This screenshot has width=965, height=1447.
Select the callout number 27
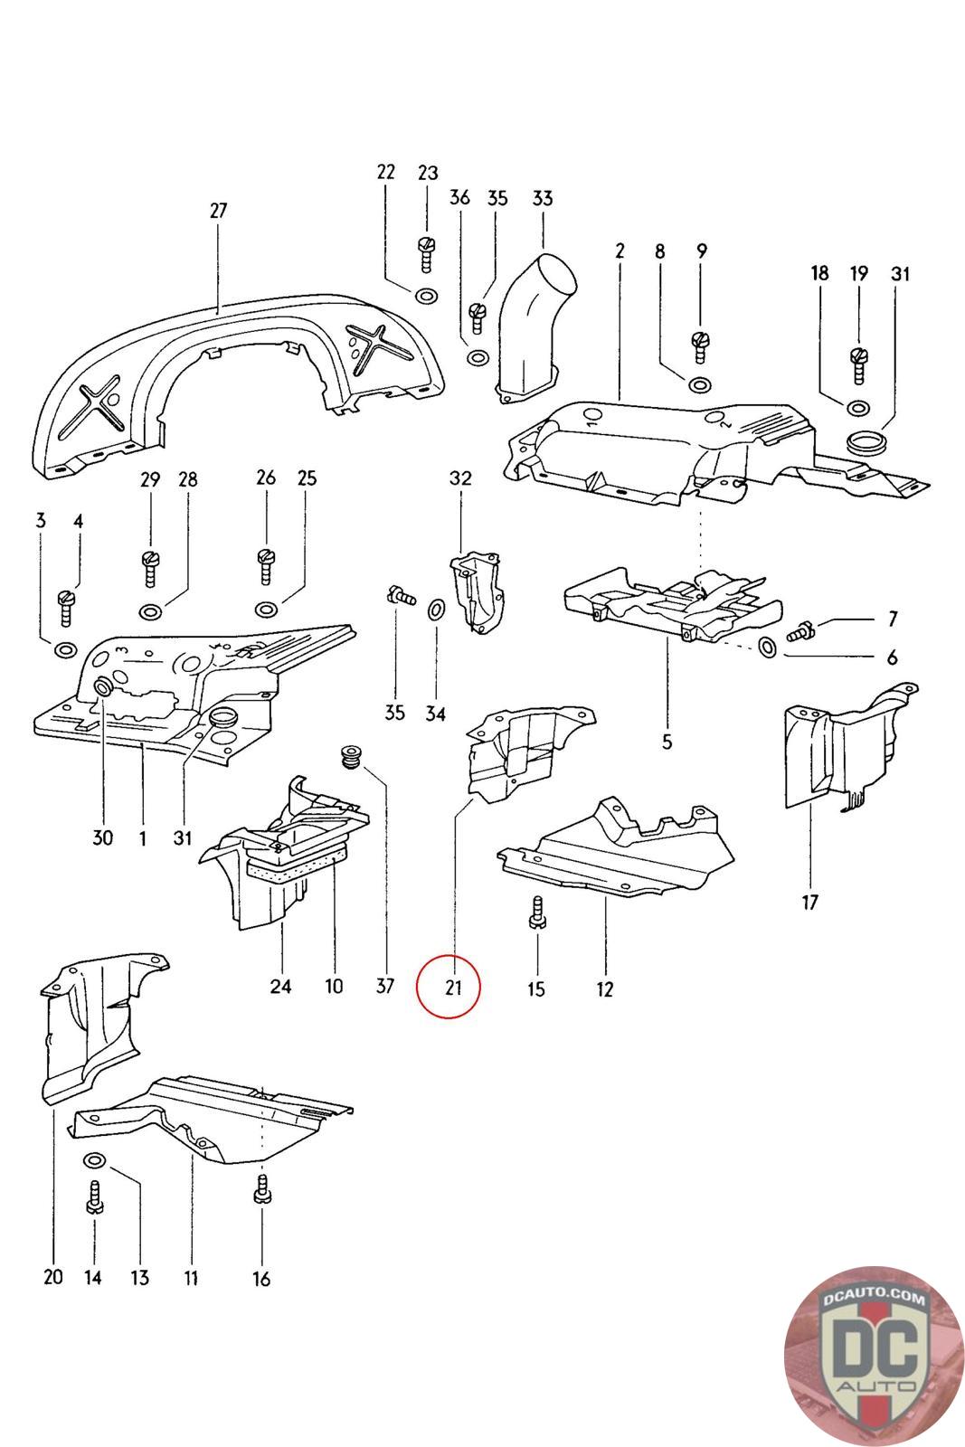[x=218, y=211]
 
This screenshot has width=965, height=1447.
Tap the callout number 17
[x=809, y=902]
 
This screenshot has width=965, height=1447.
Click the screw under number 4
[x=66, y=608]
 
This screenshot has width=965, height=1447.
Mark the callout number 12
[x=604, y=989]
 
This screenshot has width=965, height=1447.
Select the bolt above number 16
[x=261, y=1191]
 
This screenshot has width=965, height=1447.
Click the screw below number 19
[x=859, y=364]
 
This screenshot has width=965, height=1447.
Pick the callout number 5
[x=667, y=742]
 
